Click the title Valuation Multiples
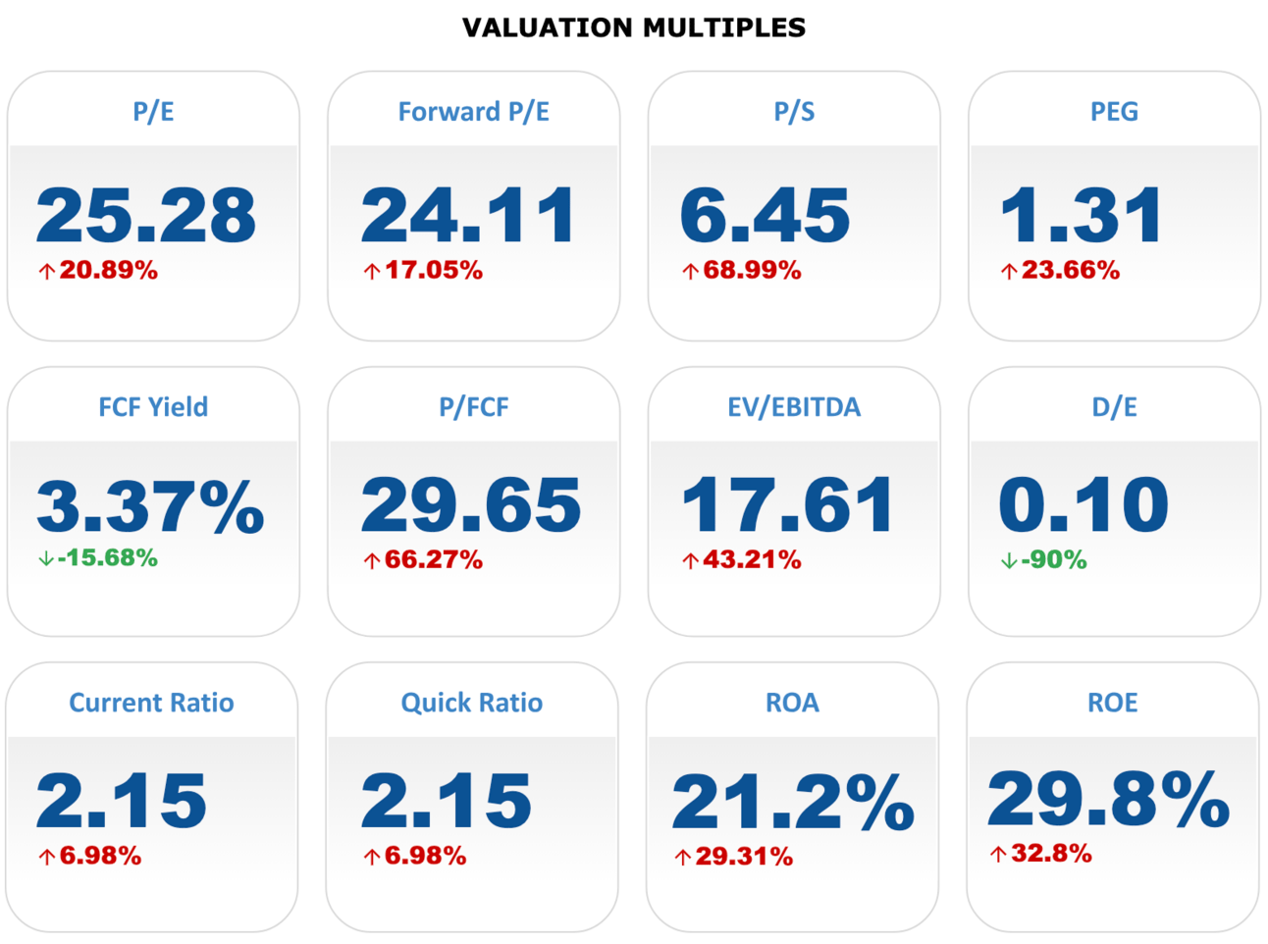click(x=633, y=27)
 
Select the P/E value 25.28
click(x=146, y=215)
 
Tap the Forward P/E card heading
click(x=473, y=112)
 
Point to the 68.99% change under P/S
click(x=752, y=271)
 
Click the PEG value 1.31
click(x=1082, y=215)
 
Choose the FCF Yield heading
click(x=153, y=407)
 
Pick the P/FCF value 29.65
click(x=471, y=505)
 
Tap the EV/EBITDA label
click(x=793, y=407)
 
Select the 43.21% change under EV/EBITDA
click(x=752, y=560)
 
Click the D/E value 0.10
click(x=1083, y=505)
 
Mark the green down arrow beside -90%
click(x=1008, y=561)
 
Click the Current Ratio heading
click(x=151, y=703)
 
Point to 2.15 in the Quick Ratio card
click(x=447, y=801)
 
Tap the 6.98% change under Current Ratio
click(x=100, y=857)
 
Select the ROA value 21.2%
click(x=793, y=803)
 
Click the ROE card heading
click(x=1112, y=703)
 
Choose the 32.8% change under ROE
click(x=1051, y=854)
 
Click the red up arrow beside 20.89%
click(x=46, y=272)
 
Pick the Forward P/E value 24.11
click(x=469, y=215)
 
